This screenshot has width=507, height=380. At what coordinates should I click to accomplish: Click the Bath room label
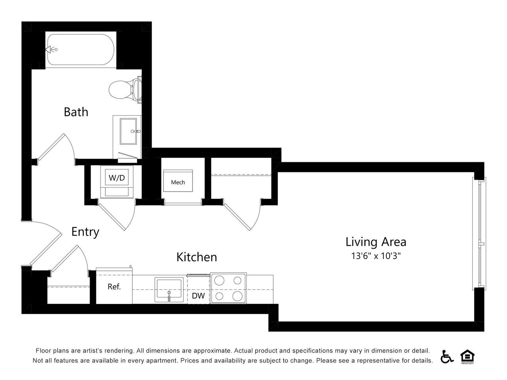[76, 112]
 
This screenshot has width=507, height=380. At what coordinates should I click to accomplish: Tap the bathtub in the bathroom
[81, 50]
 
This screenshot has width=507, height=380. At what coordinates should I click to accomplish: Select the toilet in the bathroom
[123, 89]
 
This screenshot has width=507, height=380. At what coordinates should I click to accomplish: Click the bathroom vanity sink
[130, 131]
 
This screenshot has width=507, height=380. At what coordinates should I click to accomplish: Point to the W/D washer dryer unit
[117, 178]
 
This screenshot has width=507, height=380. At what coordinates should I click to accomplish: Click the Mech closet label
[178, 182]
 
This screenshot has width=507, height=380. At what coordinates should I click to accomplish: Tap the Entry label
[85, 232]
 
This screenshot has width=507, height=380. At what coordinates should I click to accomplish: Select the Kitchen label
[196, 257]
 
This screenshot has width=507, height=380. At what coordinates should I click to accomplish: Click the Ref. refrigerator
[114, 287]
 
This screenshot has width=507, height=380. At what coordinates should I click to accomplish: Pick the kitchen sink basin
[169, 289]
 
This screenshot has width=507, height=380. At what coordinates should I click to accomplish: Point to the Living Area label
[376, 241]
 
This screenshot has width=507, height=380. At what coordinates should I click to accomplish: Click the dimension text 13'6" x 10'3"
[376, 256]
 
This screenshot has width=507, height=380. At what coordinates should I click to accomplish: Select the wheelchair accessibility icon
[447, 357]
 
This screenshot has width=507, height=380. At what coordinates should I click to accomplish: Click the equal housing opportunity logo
[467, 357]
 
